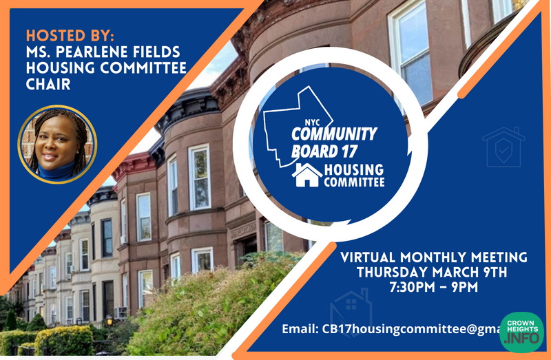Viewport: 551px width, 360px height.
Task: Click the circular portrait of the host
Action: [57, 144]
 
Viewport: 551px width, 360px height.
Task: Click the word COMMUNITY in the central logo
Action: [334, 134]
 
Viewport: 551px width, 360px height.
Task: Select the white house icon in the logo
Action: [306, 175]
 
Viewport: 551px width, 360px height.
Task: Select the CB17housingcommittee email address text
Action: [410, 329]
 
